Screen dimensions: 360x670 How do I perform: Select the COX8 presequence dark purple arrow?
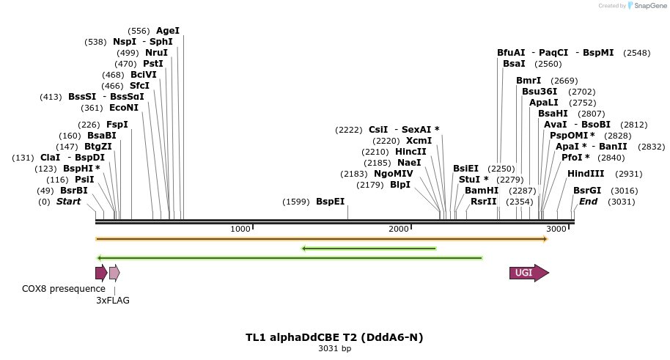(x=101, y=273)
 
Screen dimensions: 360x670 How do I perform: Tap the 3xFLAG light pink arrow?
(x=114, y=273)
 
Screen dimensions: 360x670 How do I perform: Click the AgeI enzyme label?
(x=168, y=31)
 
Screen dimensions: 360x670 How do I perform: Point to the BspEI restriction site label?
(x=330, y=202)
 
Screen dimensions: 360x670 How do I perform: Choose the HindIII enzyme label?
(x=586, y=174)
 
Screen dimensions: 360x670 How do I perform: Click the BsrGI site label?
(x=587, y=191)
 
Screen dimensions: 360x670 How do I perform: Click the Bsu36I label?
(x=540, y=92)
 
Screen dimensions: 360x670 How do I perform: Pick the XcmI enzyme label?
(x=419, y=141)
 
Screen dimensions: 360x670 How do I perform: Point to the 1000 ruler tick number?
(x=240, y=229)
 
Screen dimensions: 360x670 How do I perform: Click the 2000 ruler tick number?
(x=398, y=229)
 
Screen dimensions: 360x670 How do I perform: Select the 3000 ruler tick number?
(x=556, y=229)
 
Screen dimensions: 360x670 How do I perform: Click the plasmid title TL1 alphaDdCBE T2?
(x=334, y=337)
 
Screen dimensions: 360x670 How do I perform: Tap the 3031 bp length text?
(x=334, y=348)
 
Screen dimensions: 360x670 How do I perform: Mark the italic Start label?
(x=68, y=202)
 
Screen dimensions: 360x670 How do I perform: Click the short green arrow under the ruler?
(x=369, y=248)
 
